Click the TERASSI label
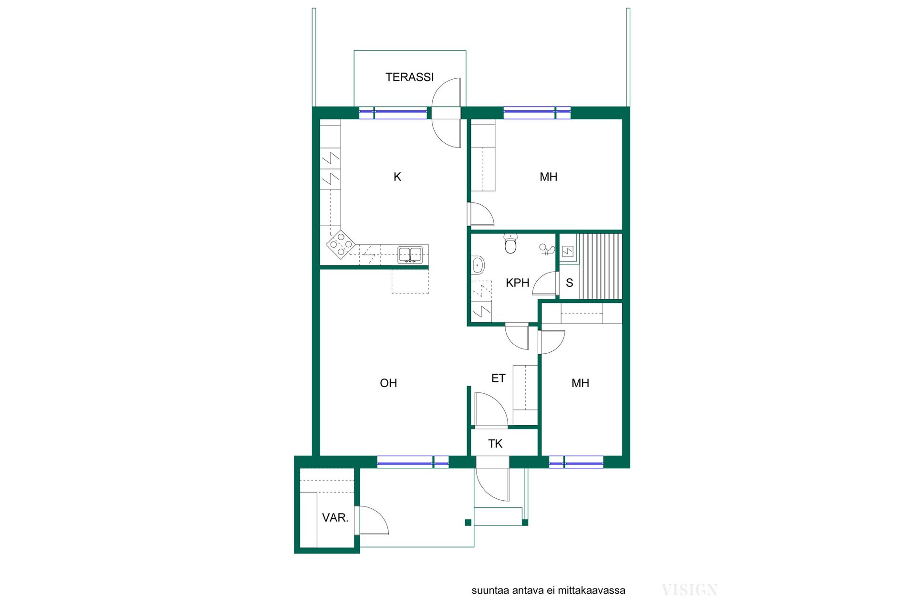[x=409, y=77]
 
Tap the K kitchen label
[x=397, y=177]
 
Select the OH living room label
[x=388, y=383]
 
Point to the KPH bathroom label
[x=518, y=283]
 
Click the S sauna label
[x=569, y=283]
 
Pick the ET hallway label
[x=498, y=378]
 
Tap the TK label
[x=495, y=443]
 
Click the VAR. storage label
[x=335, y=517]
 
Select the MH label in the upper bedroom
[x=549, y=177]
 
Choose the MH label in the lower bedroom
[x=580, y=383]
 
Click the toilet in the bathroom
[x=510, y=243]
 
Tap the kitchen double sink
[x=410, y=255]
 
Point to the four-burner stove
[x=341, y=245]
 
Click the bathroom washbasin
[x=478, y=265]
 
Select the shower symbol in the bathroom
[x=547, y=249]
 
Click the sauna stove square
[x=567, y=252]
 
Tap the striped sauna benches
[x=600, y=266]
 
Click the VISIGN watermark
[x=689, y=590]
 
